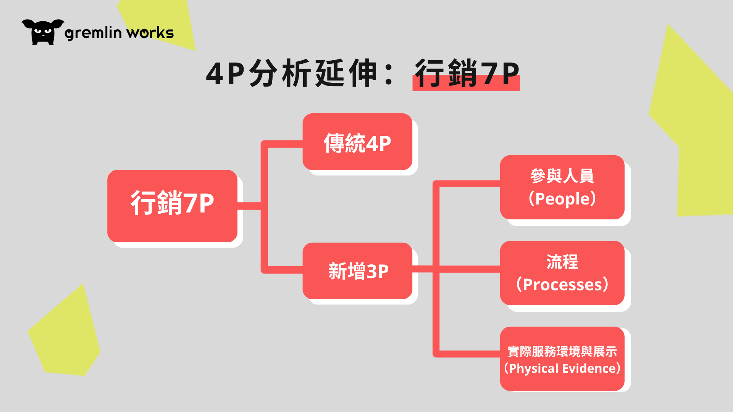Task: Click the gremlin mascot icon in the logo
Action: (x=43, y=32)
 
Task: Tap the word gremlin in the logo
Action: (x=94, y=34)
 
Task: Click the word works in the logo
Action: (x=150, y=33)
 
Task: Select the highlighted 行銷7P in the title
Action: (x=467, y=74)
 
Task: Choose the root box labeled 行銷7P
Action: (x=172, y=206)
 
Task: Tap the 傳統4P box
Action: (x=357, y=142)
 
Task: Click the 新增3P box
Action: (x=357, y=271)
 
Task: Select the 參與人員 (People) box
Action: (x=562, y=187)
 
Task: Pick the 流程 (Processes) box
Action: (x=562, y=273)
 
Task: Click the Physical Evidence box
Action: (x=562, y=359)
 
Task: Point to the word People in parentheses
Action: (x=562, y=199)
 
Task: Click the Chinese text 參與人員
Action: (x=562, y=176)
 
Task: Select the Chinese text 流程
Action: (x=562, y=262)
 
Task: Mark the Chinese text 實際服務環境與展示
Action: (x=562, y=351)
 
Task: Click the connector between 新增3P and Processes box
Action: (x=456, y=269)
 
